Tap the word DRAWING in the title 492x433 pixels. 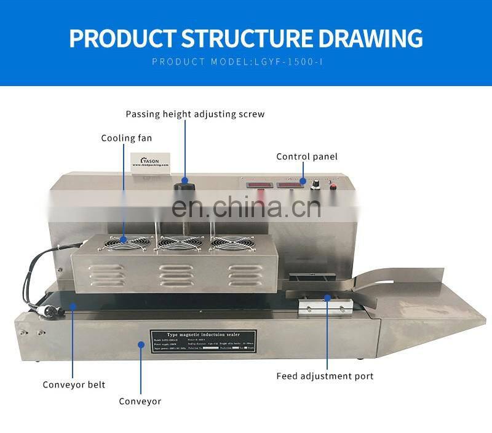(370, 38)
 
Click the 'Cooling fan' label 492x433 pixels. (126, 138)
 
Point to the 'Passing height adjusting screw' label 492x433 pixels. (195, 114)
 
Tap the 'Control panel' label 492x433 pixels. (306, 157)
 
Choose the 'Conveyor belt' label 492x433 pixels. (74, 385)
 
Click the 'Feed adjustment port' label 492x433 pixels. (325, 376)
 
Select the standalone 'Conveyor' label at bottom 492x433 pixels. (140, 401)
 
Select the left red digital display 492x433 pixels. (256, 185)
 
